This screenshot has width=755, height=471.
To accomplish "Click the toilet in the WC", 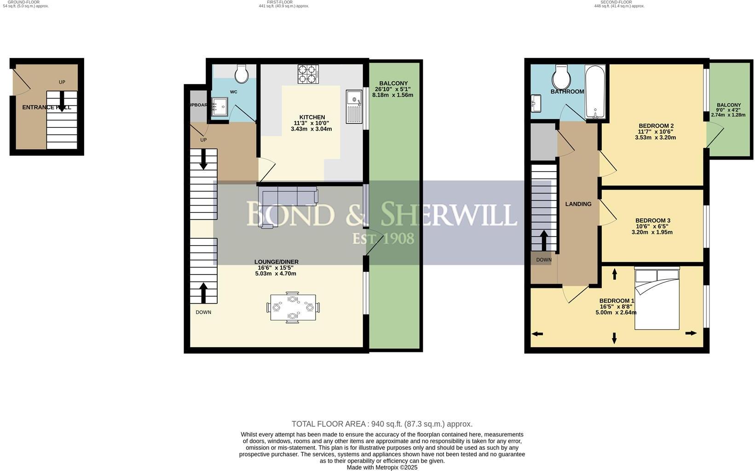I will (242, 73).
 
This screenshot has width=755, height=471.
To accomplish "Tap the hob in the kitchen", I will (308, 74).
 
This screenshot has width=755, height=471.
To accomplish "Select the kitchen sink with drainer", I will (355, 107).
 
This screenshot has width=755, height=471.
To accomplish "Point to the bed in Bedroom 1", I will (657, 299).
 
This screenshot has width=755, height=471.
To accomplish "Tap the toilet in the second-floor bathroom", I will (562, 77).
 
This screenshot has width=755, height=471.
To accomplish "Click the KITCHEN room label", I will (312, 117).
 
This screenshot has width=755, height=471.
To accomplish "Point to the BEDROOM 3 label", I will (652, 221).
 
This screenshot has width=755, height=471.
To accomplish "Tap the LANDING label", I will (578, 204).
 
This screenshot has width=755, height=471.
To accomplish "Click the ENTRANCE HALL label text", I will (46, 108).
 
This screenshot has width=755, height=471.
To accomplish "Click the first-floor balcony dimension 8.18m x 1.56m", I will (392, 95).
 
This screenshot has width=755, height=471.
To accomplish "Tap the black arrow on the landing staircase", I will (543, 239).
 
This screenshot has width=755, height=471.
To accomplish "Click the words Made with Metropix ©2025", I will (382, 467).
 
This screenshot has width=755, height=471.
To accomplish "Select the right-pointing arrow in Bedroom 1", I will (691, 333).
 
